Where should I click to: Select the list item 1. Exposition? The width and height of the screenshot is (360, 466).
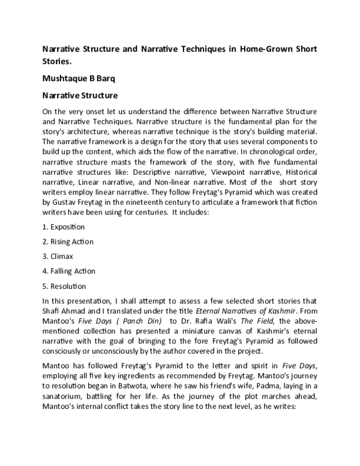pos(64,228)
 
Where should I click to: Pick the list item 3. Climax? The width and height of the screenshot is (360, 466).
pos(59,256)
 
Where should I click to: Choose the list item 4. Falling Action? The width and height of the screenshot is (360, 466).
pos(69,271)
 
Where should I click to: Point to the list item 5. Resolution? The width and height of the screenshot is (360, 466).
pos(64,286)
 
